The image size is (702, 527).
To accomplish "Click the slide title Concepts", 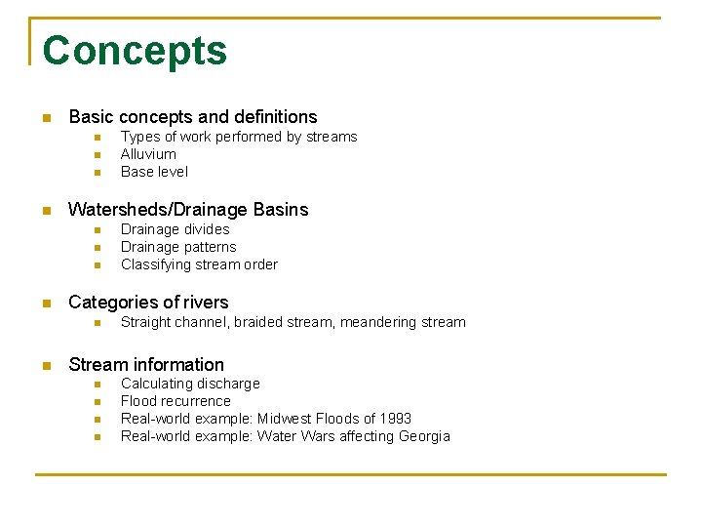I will click(135, 51).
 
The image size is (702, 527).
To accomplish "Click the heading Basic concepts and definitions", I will click(192, 117).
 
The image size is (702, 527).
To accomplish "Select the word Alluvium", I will click(148, 154).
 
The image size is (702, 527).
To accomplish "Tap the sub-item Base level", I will click(154, 172).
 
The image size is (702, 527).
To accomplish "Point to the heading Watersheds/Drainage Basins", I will click(187, 210).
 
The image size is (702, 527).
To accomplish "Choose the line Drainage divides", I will click(175, 229).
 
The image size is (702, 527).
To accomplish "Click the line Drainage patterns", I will click(177, 247).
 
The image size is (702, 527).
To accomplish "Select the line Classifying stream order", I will click(199, 264).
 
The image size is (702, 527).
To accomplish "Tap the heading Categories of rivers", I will click(148, 303).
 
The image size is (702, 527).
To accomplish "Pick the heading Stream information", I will click(145, 365).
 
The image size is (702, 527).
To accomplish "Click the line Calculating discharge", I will click(190, 384).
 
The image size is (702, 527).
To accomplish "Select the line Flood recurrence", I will click(175, 401).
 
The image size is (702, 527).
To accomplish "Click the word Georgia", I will click(424, 436).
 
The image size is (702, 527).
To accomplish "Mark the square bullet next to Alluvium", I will click(97, 155).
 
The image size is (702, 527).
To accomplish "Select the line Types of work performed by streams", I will click(239, 137).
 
